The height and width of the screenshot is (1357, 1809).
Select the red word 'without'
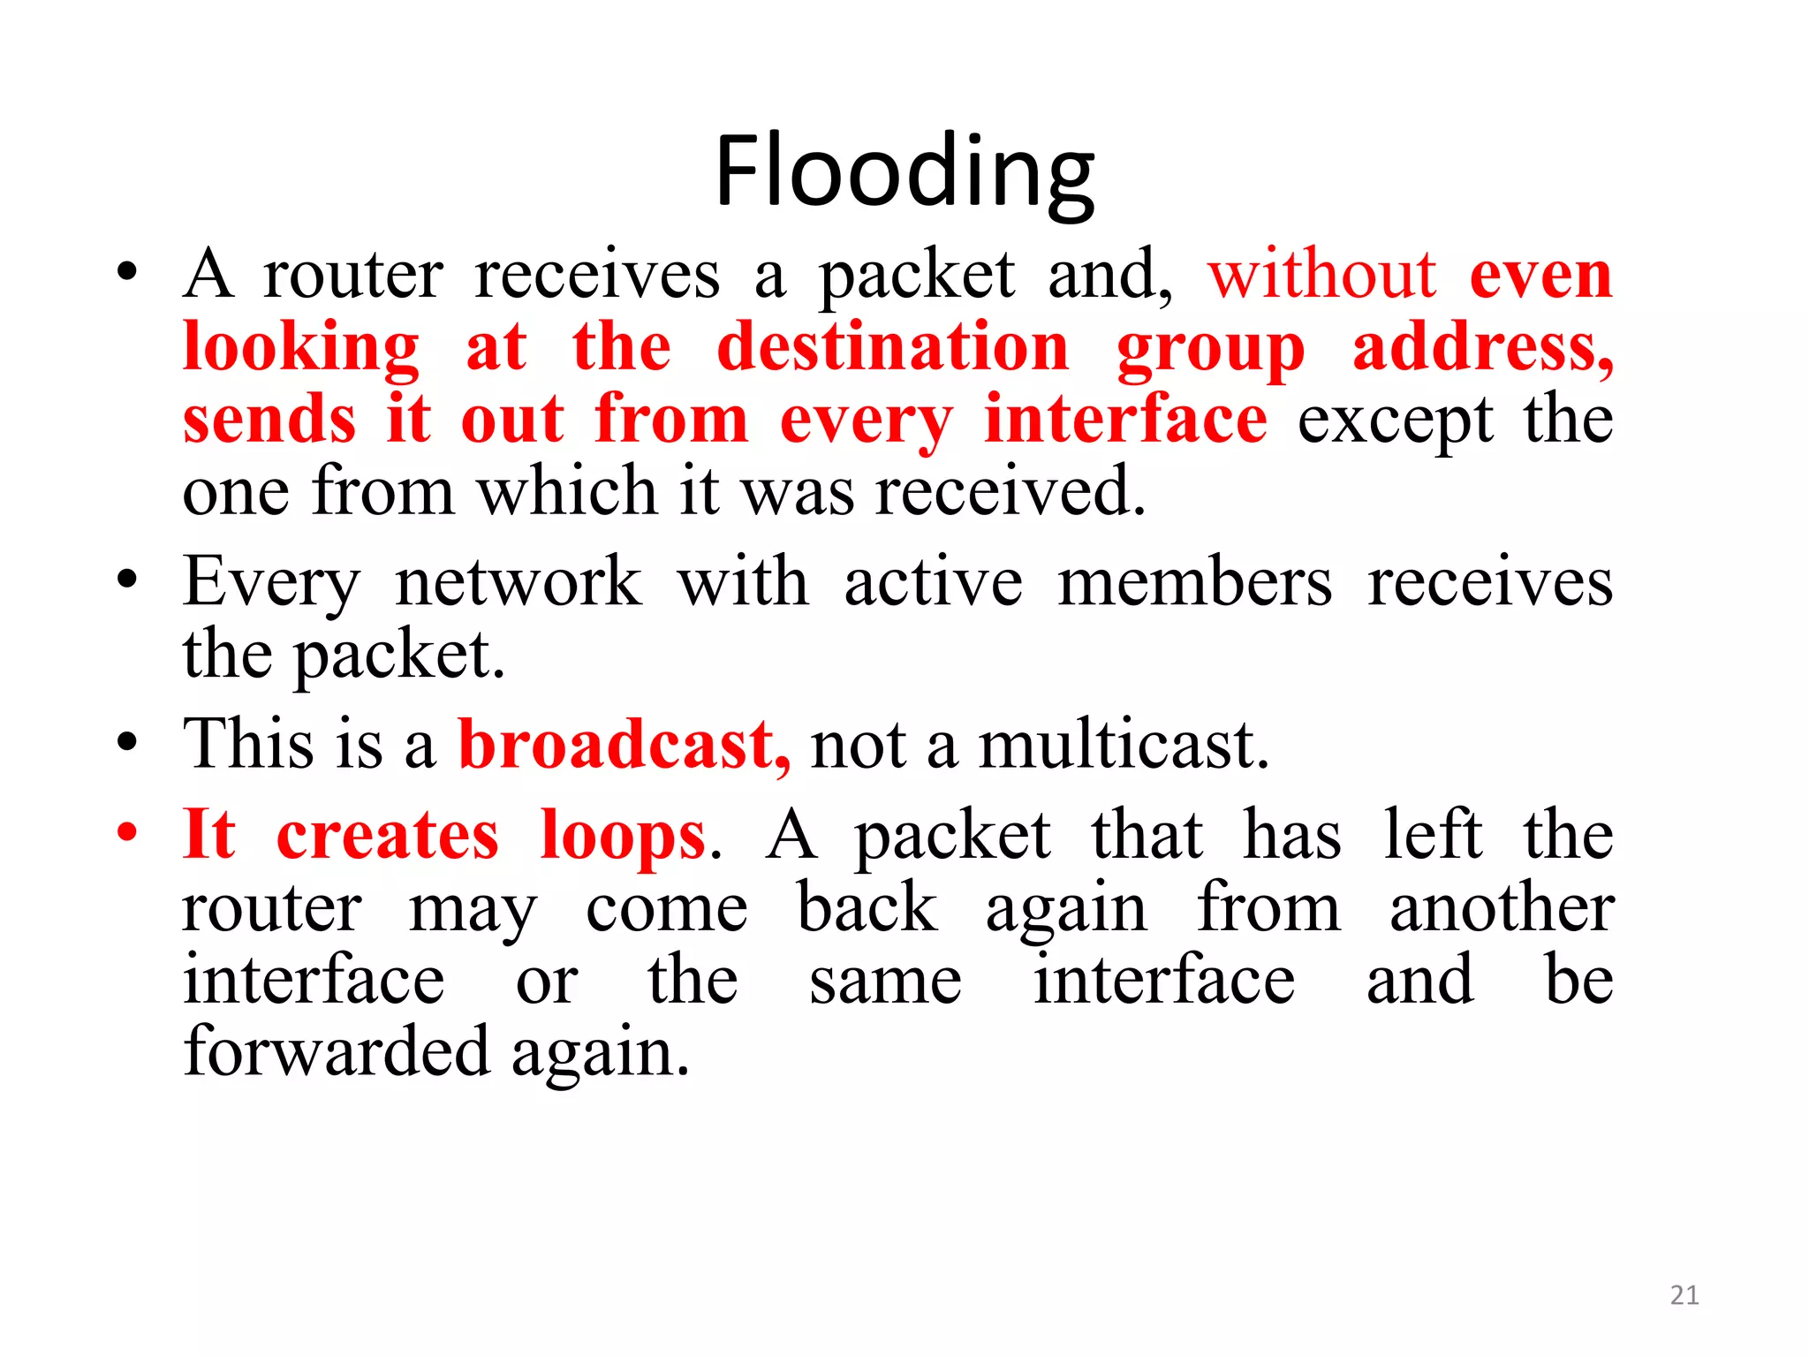(x=1321, y=275)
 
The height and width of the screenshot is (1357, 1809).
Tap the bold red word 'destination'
(x=892, y=347)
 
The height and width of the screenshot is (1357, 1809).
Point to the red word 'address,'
(x=1483, y=347)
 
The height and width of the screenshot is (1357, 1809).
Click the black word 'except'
(x=1396, y=422)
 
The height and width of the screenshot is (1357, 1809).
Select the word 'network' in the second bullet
(x=518, y=582)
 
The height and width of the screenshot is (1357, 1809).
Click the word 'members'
(x=1194, y=582)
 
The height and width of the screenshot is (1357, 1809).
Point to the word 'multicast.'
(x=1124, y=745)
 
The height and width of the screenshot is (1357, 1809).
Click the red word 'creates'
(x=387, y=835)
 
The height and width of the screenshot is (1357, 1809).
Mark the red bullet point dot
(x=128, y=832)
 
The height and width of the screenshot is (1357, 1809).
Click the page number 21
(x=1684, y=1295)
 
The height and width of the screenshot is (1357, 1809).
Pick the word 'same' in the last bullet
(x=885, y=981)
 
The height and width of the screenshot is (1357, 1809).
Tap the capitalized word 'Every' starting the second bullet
(x=271, y=584)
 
